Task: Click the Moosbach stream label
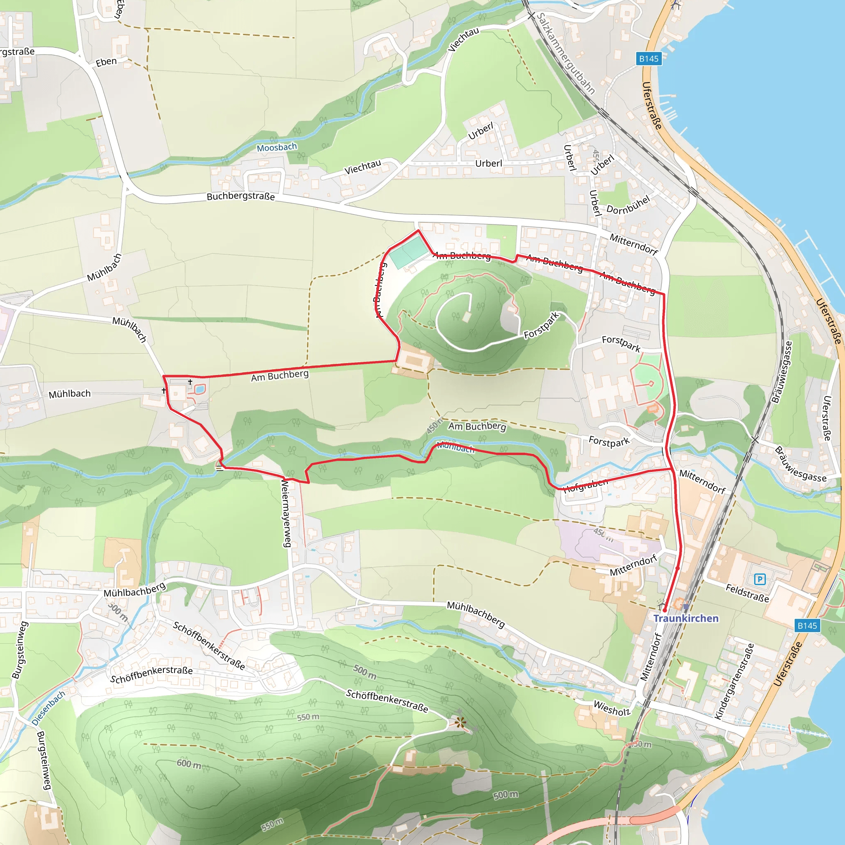pyautogui.click(x=276, y=147)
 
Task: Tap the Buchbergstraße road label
pyautogui.click(x=241, y=196)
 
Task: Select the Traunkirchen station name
pyautogui.click(x=685, y=618)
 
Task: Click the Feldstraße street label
pyautogui.click(x=747, y=593)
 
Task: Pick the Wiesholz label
pyautogui.click(x=611, y=708)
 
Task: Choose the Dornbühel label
pyautogui.click(x=628, y=205)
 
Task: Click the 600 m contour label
pyautogui.click(x=189, y=764)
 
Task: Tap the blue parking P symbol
pyautogui.click(x=760, y=580)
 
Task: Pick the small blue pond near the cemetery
pyautogui.click(x=199, y=388)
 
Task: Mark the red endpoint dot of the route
pyautogui.click(x=664, y=610)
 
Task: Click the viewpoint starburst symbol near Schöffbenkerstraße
pyautogui.click(x=460, y=722)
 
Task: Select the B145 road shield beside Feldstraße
pyautogui.click(x=807, y=625)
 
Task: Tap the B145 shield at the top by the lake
pyautogui.click(x=648, y=59)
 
